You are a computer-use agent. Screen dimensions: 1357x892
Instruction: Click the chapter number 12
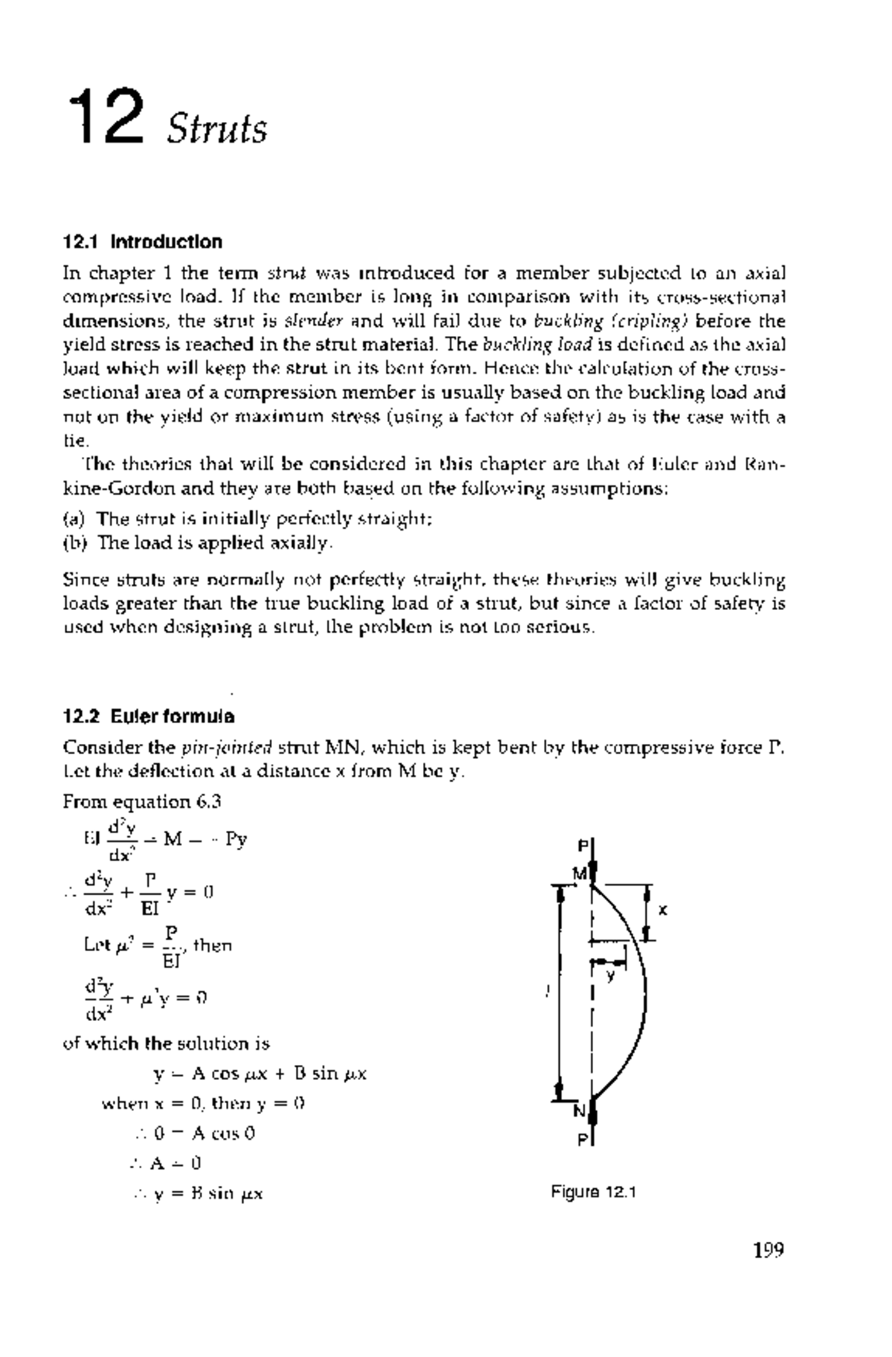pos(106,117)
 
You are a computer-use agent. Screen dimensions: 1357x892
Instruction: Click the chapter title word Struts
pos(216,129)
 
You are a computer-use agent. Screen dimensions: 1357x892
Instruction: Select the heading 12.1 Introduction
pos(142,242)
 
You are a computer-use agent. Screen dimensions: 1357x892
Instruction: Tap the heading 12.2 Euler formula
pos(149,717)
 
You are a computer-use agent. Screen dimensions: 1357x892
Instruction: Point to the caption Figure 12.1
pos(593,1193)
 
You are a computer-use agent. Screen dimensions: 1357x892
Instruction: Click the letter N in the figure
pos(580,1112)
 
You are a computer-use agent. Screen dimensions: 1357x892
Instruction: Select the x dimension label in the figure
pos(664,910)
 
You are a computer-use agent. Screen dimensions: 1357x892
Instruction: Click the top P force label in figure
pos(584,846)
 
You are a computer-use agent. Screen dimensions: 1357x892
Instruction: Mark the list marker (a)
pos(74,519)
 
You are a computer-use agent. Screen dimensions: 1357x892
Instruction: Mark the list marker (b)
pos(74,543)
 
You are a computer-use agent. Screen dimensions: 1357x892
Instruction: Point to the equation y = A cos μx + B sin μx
pos(259,1074)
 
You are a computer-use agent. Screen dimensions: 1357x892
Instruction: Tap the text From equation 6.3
pos(142,802)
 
